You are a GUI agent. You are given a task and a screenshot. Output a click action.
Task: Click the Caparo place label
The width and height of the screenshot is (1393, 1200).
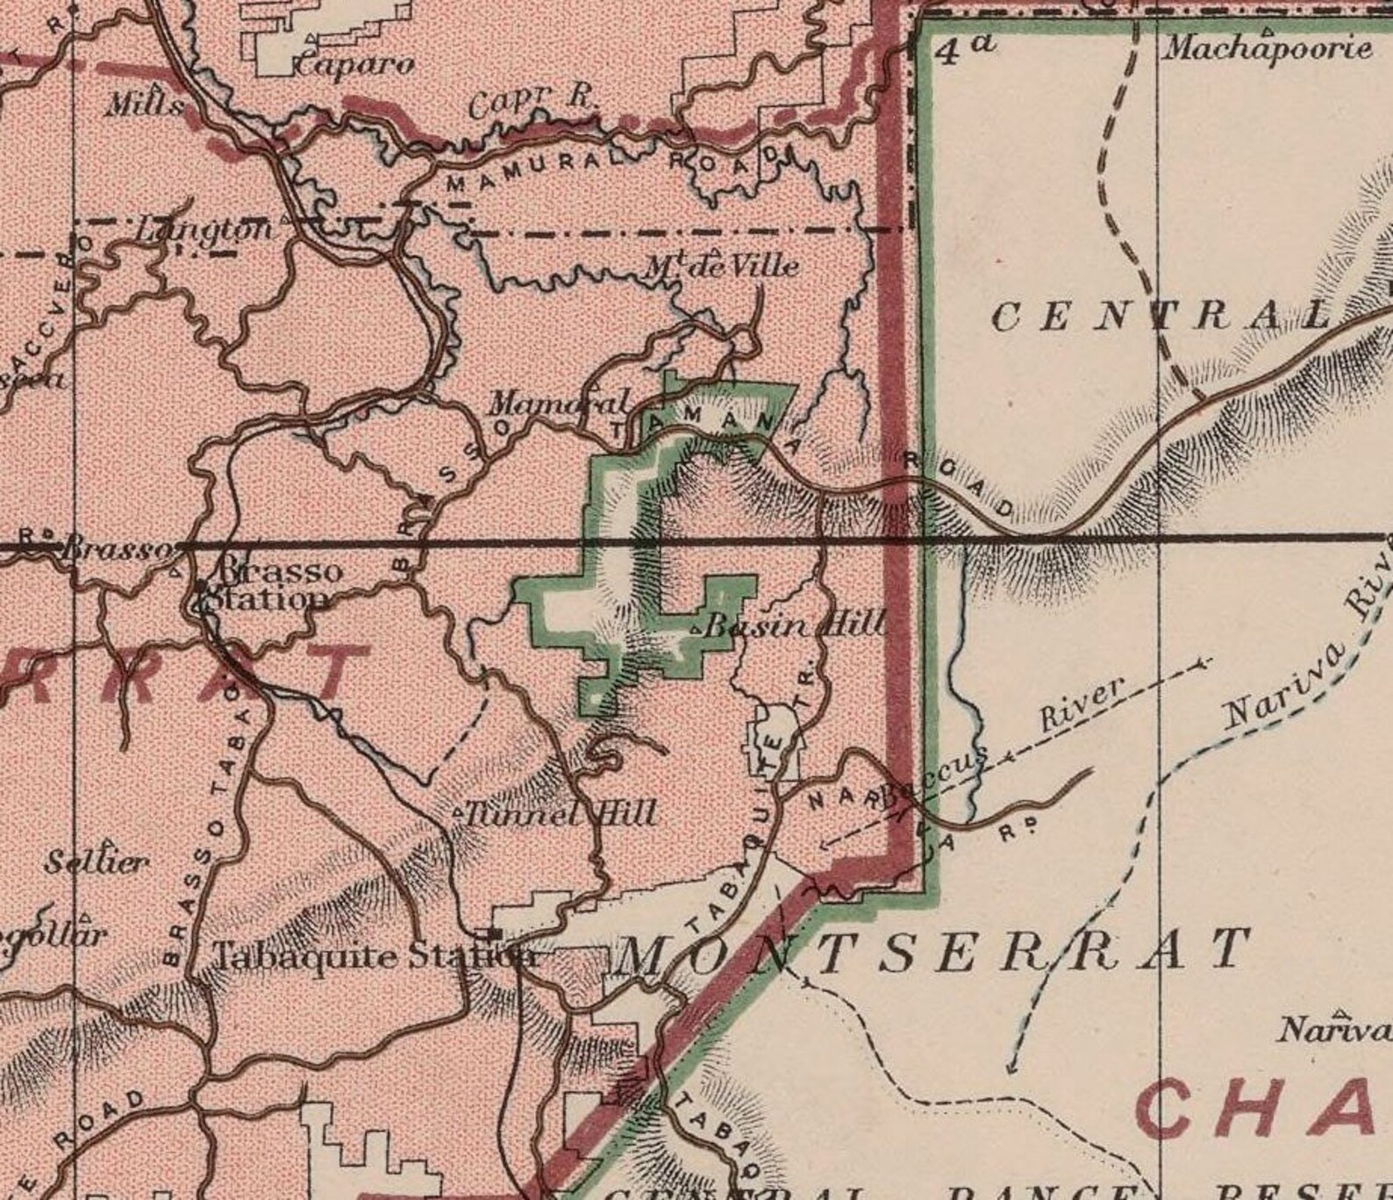pos(354,64)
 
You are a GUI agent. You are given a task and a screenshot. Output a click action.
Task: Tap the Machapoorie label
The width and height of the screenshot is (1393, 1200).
pos(1267,47)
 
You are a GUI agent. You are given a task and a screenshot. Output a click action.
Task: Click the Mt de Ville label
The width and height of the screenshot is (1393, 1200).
pos(722,264)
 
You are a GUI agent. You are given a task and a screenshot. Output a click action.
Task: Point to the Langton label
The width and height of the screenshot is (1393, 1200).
pos(204,230)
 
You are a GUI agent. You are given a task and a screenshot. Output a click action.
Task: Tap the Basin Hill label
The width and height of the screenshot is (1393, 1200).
pos(794,626)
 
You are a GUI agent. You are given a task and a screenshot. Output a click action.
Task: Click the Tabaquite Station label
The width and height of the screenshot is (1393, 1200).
pos(375,954)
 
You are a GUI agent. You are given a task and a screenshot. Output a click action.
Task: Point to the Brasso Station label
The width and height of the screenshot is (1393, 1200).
pos(266,586)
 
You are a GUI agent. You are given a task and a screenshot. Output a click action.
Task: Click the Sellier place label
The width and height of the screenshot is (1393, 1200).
pos(96,861)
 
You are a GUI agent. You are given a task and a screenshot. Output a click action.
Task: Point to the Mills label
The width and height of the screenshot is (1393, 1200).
pos(145,106)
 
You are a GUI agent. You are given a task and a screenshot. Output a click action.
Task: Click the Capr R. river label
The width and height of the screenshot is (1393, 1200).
pos(531,104)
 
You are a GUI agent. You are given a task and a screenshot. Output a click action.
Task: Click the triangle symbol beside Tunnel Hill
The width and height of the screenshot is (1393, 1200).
pos(457,813)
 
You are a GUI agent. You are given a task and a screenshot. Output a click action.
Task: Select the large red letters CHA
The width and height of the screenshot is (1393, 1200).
pos(1263,1110)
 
